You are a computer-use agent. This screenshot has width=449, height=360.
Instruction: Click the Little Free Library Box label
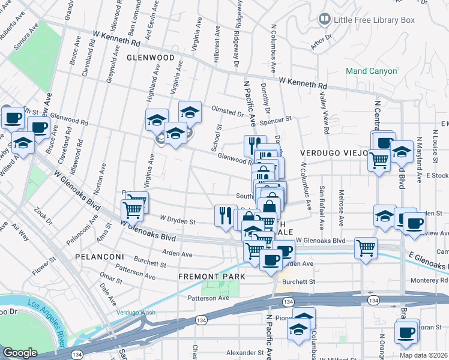point(375,20)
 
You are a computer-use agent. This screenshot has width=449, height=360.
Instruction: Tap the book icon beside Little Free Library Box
point(325,20)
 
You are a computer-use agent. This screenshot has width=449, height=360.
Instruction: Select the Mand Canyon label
point(371,71)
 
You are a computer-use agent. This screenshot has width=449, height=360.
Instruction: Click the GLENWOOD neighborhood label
point(150,58)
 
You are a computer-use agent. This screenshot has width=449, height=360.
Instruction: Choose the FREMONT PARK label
point(212,277)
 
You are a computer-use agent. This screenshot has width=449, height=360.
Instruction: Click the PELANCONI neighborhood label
point(99,256)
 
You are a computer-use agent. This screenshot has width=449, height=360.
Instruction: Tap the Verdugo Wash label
point(136,313)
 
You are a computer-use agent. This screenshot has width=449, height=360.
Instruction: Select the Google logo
point(20,353)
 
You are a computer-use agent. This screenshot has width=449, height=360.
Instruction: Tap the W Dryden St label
point(178,221)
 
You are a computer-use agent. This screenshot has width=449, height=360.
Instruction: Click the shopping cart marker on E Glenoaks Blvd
point(365,247)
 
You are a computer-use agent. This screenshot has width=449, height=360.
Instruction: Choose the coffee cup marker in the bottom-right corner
point(406,331)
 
